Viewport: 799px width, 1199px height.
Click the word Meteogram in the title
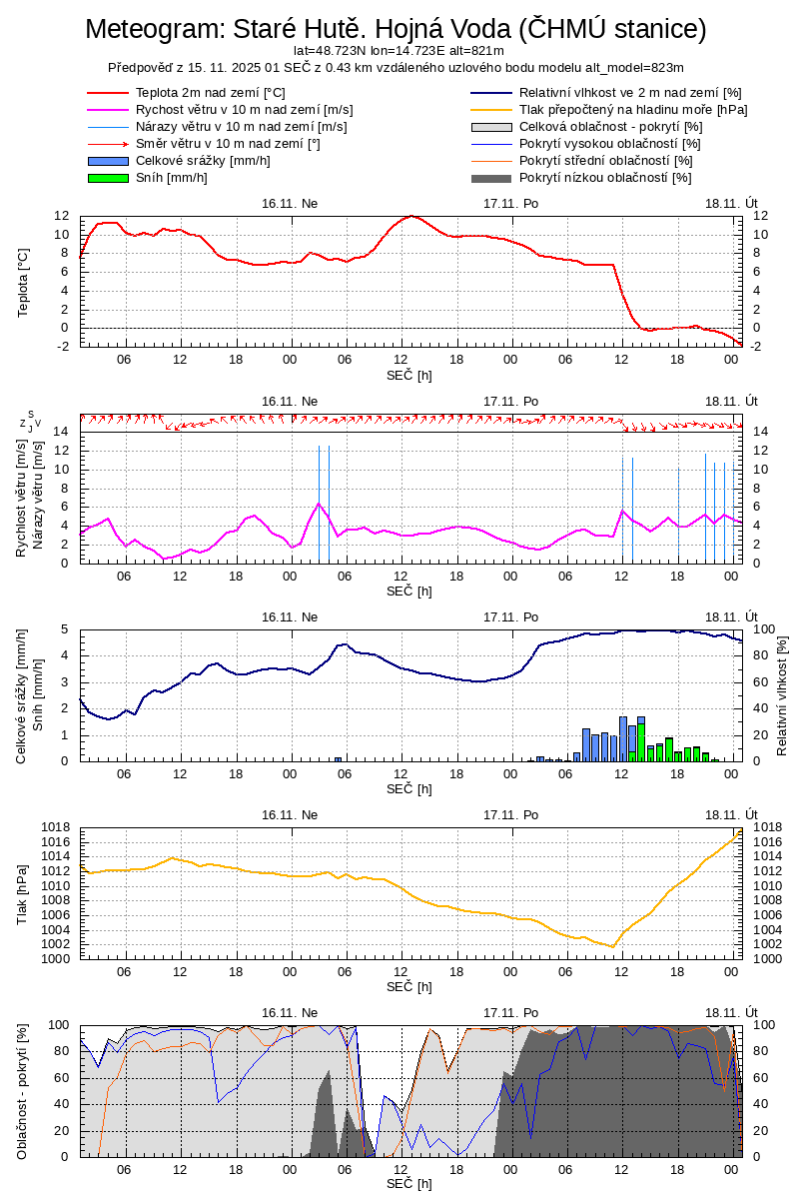(x=155, y=29)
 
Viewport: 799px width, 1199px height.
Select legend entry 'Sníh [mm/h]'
(x=172, y=177)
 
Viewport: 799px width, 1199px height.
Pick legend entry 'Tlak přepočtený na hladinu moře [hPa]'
(x=633, y=109)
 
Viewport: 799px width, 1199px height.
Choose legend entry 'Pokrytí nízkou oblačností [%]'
(x=605, y=177)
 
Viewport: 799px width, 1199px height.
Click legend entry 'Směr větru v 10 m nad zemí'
(x=228, y=143)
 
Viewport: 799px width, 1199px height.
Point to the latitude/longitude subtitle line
(x=399, y=50)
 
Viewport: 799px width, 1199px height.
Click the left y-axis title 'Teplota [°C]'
(x=24, y=282)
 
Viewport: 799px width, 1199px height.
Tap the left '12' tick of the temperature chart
(x=62, y=216)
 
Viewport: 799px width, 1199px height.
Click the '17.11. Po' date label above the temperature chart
(x=510, y=203)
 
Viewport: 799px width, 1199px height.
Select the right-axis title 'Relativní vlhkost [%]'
(x=782, y=694)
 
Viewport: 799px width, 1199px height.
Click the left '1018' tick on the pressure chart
(x=55, y=827)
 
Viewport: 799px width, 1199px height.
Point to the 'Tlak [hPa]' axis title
(x=22, y=892)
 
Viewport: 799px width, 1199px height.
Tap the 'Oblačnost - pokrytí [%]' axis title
(x=22, y=1091)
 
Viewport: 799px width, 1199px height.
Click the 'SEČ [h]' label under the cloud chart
(x=409, y=1184)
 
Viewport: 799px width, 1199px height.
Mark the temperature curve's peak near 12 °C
(x=411, y=216)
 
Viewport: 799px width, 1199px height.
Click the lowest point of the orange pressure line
(x=612, y=946)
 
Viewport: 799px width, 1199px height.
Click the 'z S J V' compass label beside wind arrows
(x=30, y=421)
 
